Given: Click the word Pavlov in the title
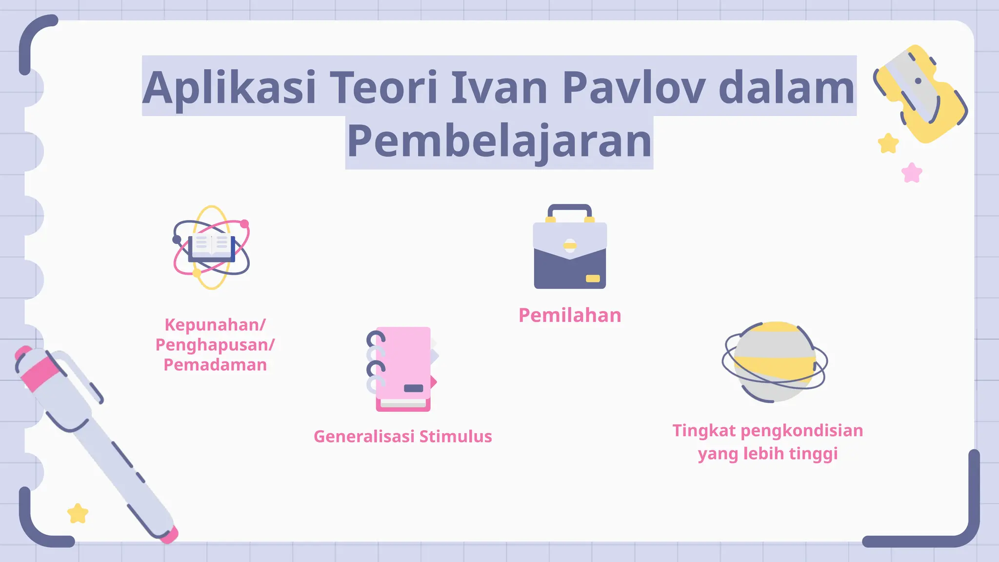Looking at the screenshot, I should coord(633,88).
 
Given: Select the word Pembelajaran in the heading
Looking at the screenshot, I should coord(499,141).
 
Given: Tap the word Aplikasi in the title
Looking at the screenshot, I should coord(229,88).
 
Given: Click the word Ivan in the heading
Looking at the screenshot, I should coord(499,88).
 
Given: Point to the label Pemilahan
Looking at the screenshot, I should coord(570,316).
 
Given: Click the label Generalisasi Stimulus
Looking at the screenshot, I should coord(402,436).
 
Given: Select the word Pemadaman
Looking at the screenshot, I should coord(215,365).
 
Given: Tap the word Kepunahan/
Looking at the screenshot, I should coord(215,325).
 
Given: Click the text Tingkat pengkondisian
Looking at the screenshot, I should coord(767,431).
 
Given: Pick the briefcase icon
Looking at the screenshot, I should coord(570,254).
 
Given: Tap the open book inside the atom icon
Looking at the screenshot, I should coord(211,245).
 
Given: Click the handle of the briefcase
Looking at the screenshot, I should coord(570,209).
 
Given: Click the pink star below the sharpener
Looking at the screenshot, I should coord(912,173).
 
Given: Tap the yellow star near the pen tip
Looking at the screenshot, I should coord(78,513).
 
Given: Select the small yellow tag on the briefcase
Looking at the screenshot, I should coord(593,279).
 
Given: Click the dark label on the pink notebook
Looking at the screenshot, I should coord(414,388).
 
